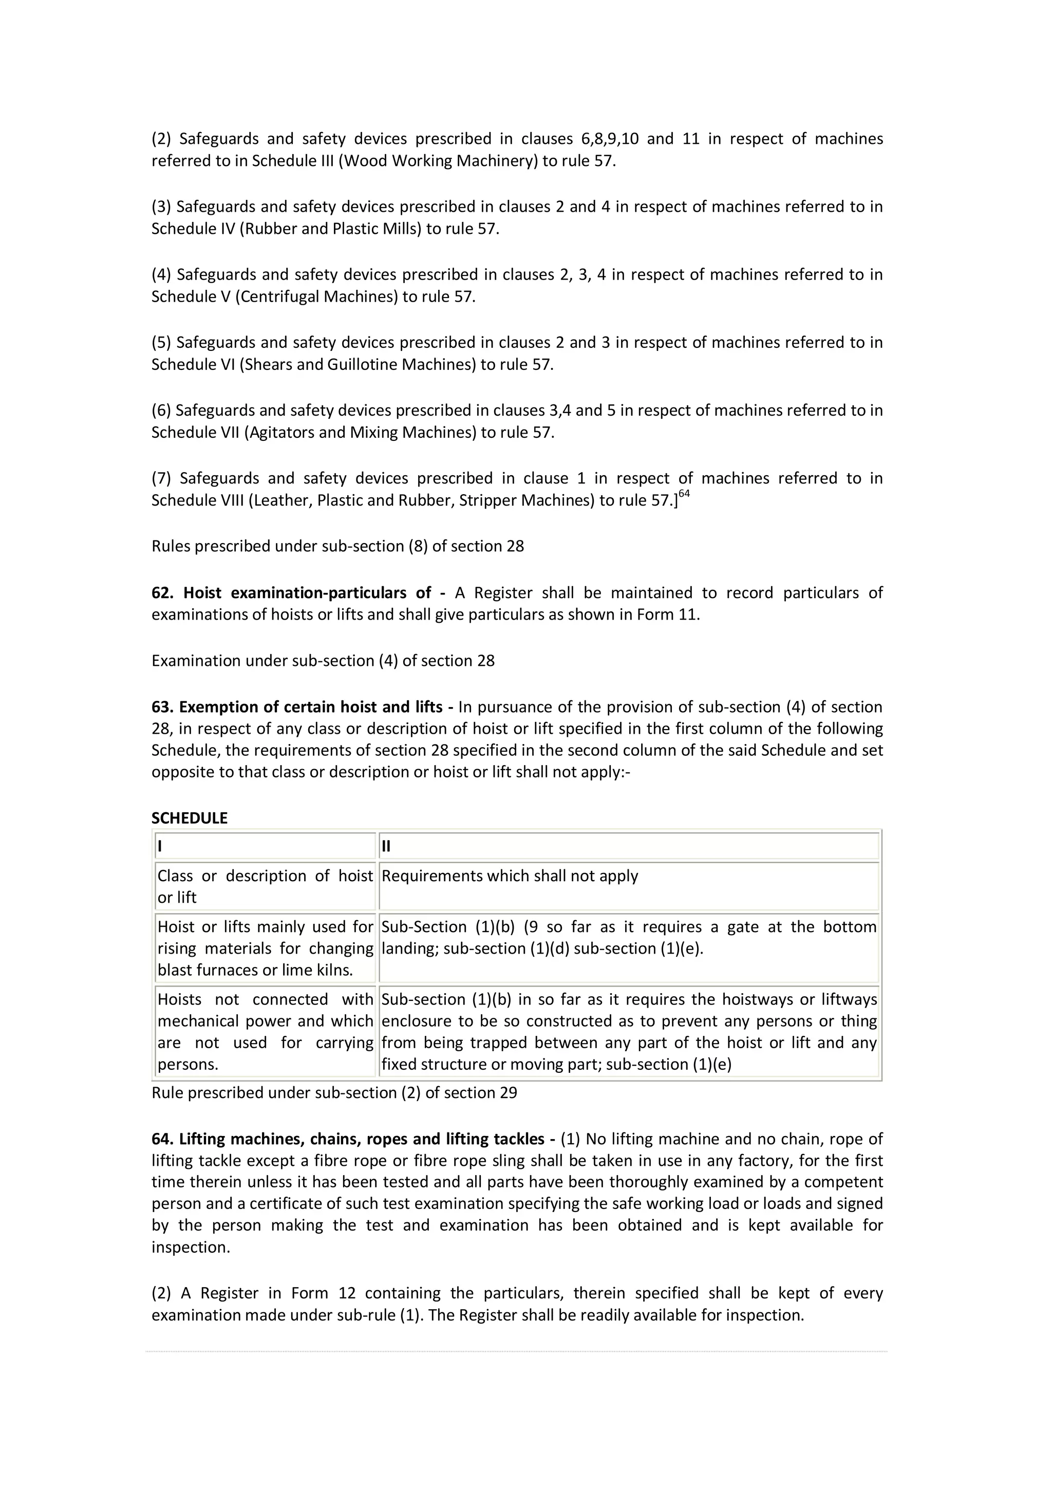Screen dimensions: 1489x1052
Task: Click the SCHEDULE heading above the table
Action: (x=189, y=818)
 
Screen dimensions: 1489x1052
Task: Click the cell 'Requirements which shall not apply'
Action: (x=510, y=876)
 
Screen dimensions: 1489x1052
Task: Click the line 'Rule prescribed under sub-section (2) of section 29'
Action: (x=334, y=1093)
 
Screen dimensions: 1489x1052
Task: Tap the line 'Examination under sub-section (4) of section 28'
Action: (x=323, y=661)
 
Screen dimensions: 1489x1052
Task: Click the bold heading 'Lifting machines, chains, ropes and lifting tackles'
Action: (x=362, y=1140)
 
